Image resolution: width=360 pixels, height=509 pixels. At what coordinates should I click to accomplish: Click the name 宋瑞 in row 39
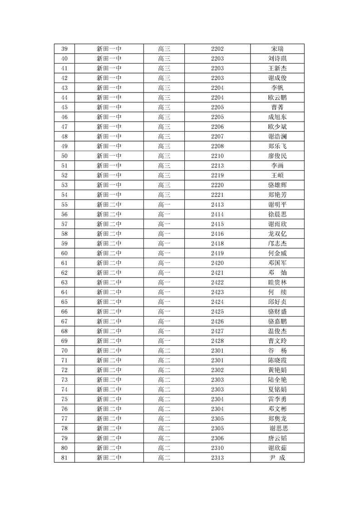[x=277, y=49]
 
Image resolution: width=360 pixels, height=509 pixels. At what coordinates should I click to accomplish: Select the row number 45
[x=64, y=108]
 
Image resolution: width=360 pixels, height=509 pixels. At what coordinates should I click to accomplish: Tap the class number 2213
[x=217, y=166]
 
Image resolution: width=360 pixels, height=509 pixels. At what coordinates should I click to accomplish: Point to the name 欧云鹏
[x=277, y=98]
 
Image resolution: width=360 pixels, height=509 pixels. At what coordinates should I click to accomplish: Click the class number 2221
[x=217, y=195]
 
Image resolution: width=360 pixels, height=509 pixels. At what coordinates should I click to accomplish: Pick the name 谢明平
[x=277, y=205]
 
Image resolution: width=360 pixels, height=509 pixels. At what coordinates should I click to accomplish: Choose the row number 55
[x=64, y=205]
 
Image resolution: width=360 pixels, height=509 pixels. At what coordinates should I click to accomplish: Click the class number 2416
[x=217, y=234]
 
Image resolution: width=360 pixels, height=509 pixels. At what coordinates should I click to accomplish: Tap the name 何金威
[x=277, y=254]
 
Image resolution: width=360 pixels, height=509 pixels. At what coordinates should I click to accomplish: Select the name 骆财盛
[x=277, y=312]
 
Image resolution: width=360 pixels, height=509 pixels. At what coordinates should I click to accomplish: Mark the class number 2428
[x=217, y=341]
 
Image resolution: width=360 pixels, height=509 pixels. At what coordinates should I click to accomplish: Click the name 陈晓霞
[x=277, y=360]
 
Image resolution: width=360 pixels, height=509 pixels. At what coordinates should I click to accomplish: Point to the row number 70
[x=64, y=351]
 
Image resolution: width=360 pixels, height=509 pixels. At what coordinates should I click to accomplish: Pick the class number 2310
[x=217, y=448]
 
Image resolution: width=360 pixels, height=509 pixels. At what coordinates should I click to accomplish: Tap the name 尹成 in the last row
[x=277, y=458]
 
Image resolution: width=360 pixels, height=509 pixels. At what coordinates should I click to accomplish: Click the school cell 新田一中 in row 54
[x=109, y=195]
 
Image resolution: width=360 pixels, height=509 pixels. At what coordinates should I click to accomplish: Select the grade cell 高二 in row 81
[x=164, y=458]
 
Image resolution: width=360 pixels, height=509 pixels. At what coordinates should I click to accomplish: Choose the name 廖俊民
[x=277, y=156]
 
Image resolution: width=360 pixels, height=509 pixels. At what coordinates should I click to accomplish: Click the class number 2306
[x=217, y=438]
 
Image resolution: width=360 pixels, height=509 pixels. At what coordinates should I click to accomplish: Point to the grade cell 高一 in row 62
[x=164, y=273]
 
